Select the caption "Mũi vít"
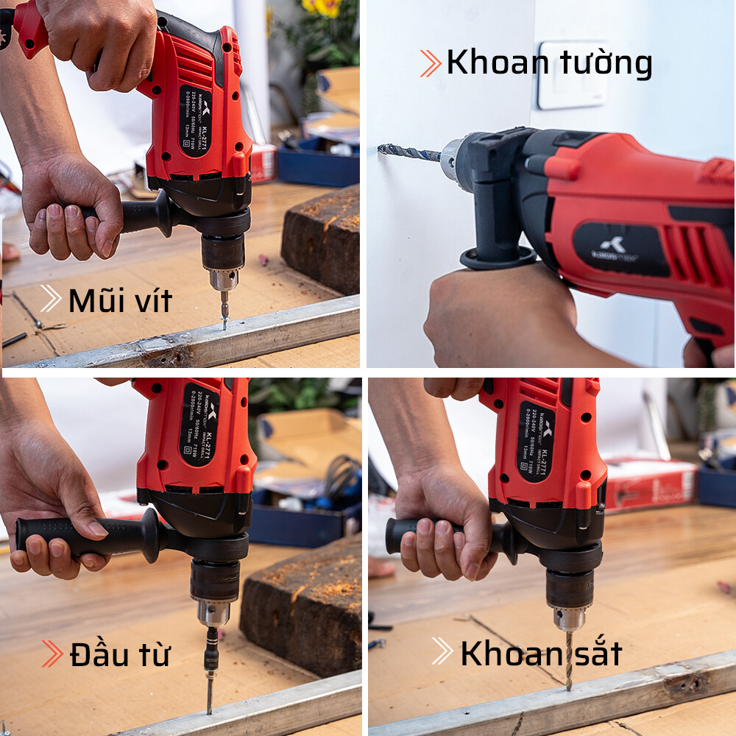(119, 301)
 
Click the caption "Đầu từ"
(119, 655)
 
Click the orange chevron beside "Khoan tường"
(431, 63)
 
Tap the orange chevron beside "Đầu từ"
(52, 654)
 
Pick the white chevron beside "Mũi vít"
(50, 299)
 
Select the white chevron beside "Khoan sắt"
(442, 651)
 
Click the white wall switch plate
(573, 75)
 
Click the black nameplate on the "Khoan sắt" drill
(535, 442)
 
